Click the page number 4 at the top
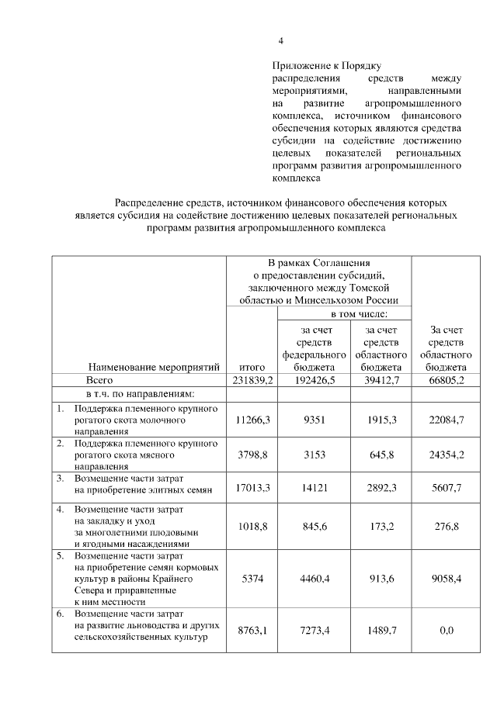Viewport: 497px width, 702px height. tap(282, 41)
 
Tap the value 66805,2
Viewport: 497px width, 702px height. tap(446, 380)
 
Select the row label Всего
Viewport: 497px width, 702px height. tap(100, 380)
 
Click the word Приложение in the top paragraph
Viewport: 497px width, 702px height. tap(304, 66)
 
